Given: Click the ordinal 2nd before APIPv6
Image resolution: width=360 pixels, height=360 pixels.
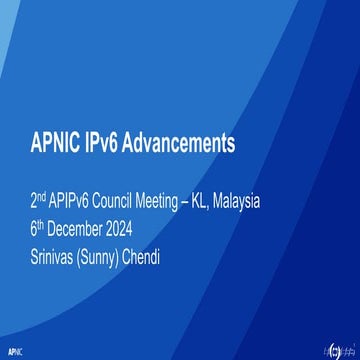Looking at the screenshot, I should (x=39, y=200).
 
